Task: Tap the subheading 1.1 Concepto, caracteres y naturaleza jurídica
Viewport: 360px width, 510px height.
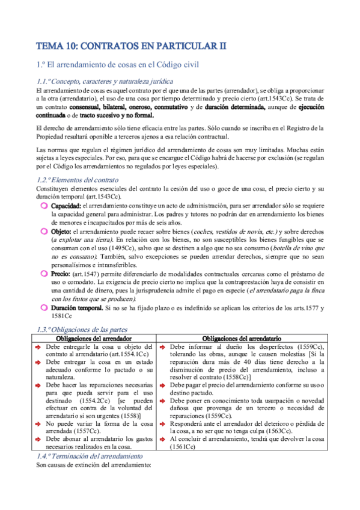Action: click(x=105, y=81)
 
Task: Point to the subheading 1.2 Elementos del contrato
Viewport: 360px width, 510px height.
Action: click(x=78, y=180)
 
